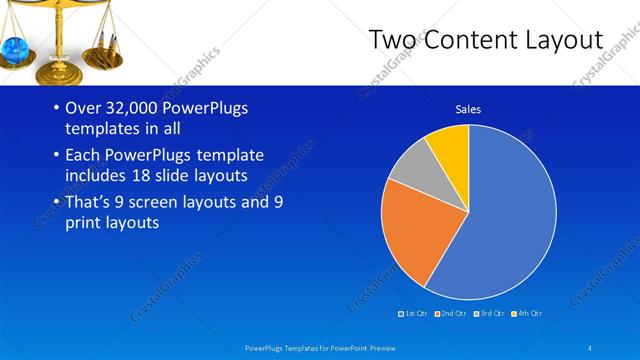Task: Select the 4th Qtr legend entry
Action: click(x=527, y=314)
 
